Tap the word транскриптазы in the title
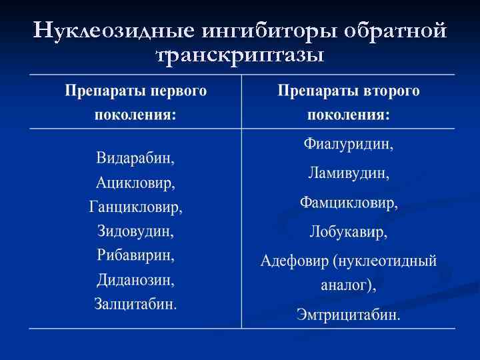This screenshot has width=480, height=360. tap(240, 55)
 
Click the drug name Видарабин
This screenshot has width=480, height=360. tap(135, 159)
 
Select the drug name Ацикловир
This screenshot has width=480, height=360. tap(135, 183)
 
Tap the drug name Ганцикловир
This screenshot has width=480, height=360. tap(135, 207)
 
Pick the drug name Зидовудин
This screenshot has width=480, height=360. tap(135, 231)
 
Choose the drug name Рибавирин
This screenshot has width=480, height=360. tap(135, 255)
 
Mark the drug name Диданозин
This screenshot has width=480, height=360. tap(135, 280)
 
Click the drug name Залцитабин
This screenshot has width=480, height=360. tap(135, 304)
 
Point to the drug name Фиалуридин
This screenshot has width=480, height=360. tap(348, 144)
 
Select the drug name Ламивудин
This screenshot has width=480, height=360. tap(348, 173)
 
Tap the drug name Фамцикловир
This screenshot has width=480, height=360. tap(348, 203)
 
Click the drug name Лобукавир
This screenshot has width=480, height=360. tap(348, 232)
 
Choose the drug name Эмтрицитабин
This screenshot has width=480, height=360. tap(348, 314)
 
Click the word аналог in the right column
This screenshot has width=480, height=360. tap(345, 285)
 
